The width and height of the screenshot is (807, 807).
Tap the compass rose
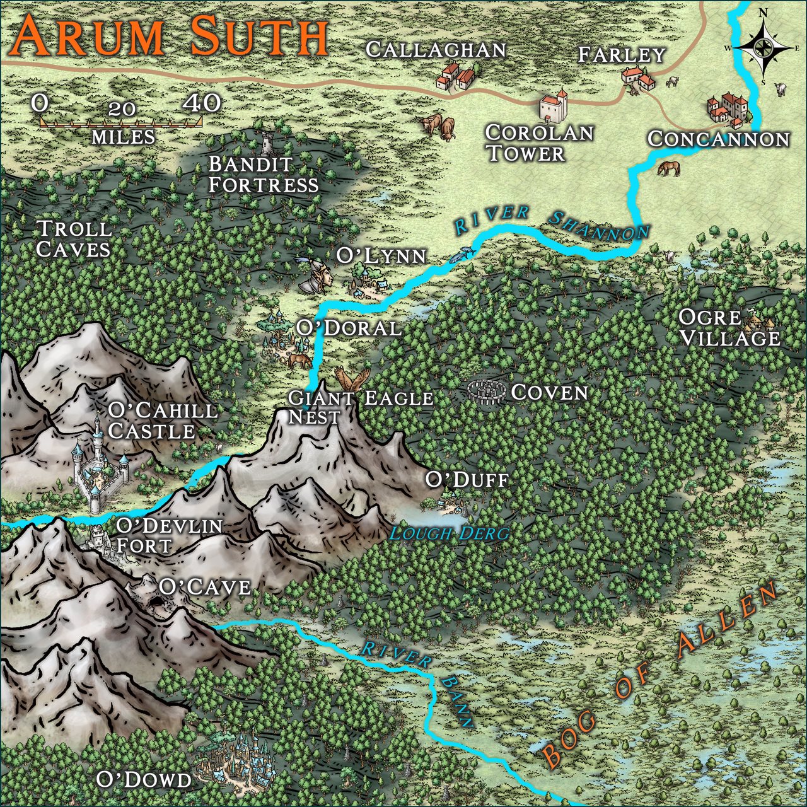763,48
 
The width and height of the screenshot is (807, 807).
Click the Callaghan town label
436,50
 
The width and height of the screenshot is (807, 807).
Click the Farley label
622,55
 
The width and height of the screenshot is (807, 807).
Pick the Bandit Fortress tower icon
268,141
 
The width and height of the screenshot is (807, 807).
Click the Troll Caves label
73,239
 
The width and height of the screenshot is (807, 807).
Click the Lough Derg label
448,533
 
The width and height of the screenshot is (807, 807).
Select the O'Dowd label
143,779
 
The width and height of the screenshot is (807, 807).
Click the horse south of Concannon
668,168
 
